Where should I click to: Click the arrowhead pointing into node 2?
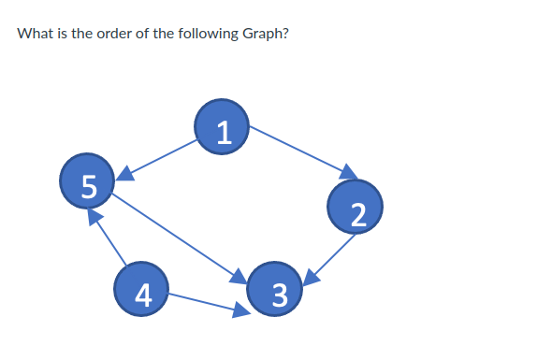tap(350, 173)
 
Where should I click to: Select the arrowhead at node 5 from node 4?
tap(93, 216)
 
